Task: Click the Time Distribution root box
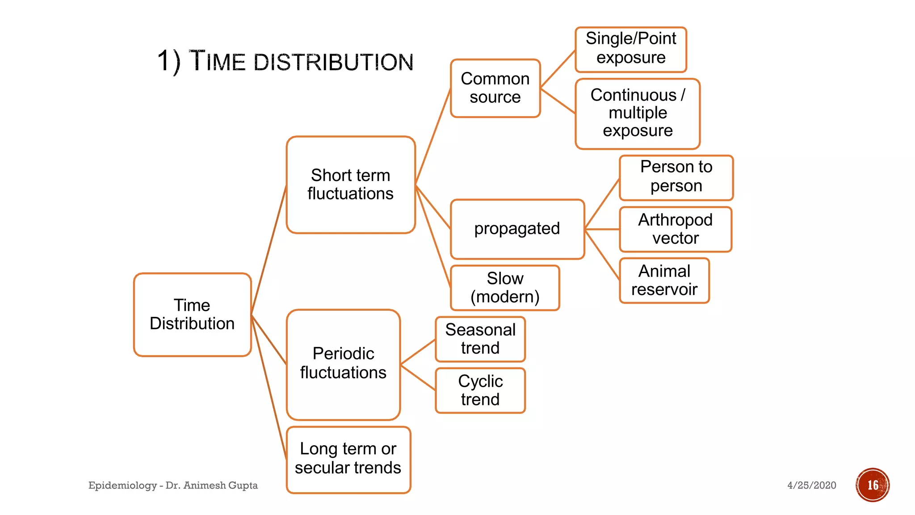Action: [192, 314]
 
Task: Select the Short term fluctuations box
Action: [351, 185]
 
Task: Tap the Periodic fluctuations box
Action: [343, 364]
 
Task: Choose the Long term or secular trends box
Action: [348, 459]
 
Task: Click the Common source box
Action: [495, 88]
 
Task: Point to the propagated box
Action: [517, 229]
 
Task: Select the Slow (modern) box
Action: [505, 287]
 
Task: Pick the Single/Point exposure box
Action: [630, 49]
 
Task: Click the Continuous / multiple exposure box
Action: [637, 113]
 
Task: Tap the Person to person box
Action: [676, 177]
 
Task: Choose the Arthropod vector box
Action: [675, 229]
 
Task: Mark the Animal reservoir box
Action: [664, 280]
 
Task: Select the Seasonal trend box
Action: [480, 339]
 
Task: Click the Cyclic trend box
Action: [480, 390]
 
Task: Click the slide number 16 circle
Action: [873, 485]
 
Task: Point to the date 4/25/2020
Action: [811, 485]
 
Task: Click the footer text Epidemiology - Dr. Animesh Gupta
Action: [173, 485]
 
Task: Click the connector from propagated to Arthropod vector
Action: [602, 229]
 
